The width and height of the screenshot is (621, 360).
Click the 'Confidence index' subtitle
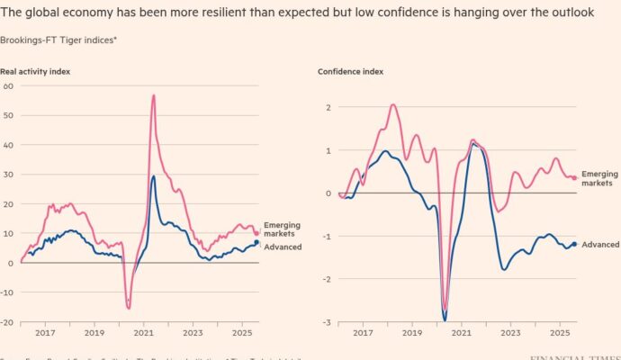click(345, 70)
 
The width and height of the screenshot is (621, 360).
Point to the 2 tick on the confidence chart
click(328, 107)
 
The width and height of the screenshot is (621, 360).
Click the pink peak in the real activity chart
click(154, 95)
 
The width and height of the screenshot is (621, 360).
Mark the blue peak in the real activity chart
click(154, 176)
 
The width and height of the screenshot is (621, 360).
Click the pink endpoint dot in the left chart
click(256, 233)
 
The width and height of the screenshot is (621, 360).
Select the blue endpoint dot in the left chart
click(256, 242)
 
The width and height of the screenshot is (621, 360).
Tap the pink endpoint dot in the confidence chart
click(574, 178)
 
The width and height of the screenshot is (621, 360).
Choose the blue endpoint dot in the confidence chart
click(574, 244)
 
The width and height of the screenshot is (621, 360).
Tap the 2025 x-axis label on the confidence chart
click(560, 333)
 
